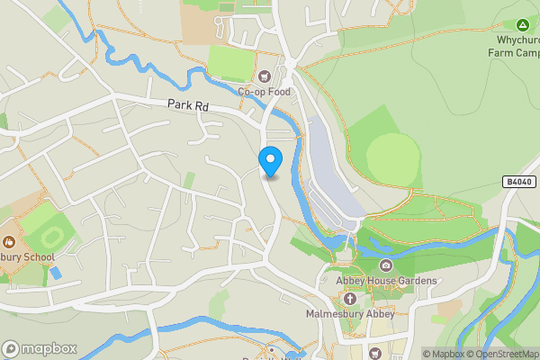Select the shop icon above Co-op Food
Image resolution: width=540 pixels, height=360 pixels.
[265, 76]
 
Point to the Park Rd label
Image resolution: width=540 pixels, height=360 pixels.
[187, 105]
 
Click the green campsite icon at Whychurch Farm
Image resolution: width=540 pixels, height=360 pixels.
[522, 24]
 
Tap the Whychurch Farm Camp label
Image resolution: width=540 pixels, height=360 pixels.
[513, 47]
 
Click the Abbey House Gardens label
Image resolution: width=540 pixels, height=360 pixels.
[386, 281]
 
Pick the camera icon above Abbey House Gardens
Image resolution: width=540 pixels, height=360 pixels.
[386, 265]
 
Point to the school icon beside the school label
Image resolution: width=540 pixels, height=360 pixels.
[8, 241]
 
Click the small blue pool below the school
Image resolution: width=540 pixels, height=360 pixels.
[56, 272]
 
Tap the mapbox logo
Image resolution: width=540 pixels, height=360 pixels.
[39, 348]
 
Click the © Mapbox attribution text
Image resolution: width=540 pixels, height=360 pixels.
[443, 354]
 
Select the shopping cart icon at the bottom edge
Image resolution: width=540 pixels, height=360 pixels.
[375, 353]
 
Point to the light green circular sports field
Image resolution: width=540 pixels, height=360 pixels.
[392, 157]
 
